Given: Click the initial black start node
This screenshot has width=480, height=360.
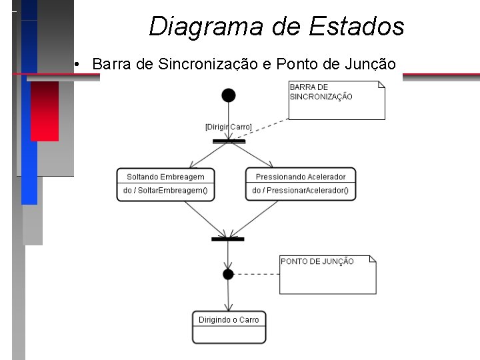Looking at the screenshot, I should point(229,95).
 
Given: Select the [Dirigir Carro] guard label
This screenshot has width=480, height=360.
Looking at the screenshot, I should point(228,127).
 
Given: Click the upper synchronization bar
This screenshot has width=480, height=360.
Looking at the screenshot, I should point(229,141).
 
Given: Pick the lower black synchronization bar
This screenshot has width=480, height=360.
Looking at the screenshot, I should point(228,239).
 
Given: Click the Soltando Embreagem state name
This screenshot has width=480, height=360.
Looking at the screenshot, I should point(165,177).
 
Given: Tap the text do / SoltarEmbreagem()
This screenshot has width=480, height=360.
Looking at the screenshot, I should point(165,191).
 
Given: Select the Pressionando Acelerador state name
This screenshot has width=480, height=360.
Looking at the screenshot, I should point(301,177).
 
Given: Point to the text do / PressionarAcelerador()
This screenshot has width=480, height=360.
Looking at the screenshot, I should point(300,191).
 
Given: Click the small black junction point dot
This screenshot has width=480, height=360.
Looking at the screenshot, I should point(228,274).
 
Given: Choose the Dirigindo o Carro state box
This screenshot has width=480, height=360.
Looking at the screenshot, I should point(229,327).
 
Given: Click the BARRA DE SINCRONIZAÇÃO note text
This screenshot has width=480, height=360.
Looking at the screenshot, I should point(321,92).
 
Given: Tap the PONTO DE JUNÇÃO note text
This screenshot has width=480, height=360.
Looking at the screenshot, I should point(317,261).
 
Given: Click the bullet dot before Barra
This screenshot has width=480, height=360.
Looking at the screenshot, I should point(78,65).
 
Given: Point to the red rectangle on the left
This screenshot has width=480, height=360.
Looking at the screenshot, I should point(45,111).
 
